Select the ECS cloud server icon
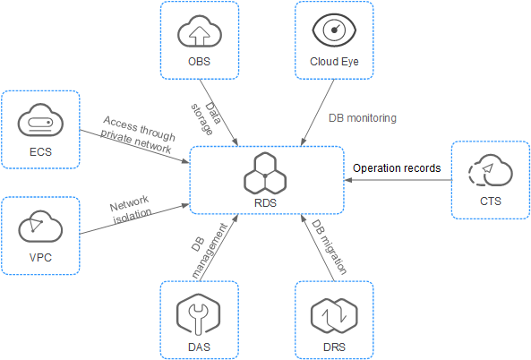coord(40,119)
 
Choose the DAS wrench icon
coord(199,315)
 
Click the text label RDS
coord(265,203)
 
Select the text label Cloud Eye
coord(334,62)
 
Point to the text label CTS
coord(491,201)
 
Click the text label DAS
coord(199,347)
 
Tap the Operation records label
coord(397,168)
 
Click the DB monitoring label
coord(363,118)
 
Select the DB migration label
coord(330,246)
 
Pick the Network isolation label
coord(131,210)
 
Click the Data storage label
coord(206,118)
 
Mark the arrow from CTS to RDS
coord(398,180)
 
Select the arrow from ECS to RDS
coord(134,146)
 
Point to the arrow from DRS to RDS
coord(317,247)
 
